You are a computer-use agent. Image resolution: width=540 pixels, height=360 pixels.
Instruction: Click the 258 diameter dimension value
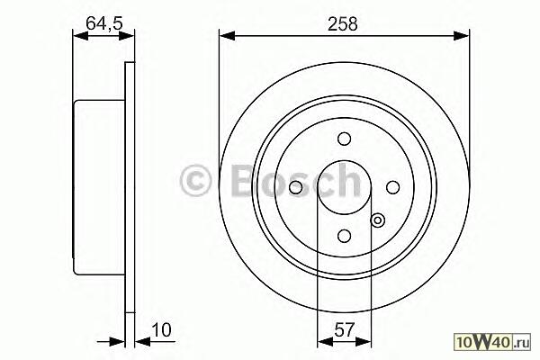[x=343, y=24]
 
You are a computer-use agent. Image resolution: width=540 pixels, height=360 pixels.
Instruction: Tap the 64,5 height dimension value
[x=104, y=23]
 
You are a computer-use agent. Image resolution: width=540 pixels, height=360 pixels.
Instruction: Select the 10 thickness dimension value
[x=161, y=330]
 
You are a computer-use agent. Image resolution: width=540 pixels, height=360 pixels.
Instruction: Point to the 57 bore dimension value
[x=344, y=330]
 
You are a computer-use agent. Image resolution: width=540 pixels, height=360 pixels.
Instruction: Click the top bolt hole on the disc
[x=344, y=139]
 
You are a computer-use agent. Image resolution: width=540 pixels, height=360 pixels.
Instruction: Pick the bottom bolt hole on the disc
[x=344, y=236]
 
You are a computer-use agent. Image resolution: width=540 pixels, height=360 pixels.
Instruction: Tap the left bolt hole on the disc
[x=295, y=188]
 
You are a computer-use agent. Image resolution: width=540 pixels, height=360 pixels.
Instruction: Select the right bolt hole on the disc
[x=392, y=188]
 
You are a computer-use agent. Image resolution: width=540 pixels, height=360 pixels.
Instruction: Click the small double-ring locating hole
[x=378, y=220]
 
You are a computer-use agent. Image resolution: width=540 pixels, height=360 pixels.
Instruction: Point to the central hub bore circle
[x=344, y=161]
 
